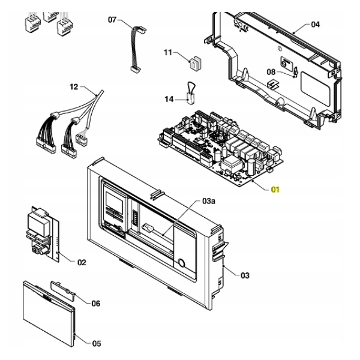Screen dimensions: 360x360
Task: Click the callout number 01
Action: [x=275, y=190]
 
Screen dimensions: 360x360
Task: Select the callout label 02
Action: [x=82, y=262]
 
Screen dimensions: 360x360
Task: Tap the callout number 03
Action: [x=244, y=275]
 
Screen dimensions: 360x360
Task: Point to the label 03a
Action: [x=209, y=201]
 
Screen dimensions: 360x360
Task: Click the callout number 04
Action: [x=316, y=25]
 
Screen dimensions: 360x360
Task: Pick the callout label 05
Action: [x=95, y=303]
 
